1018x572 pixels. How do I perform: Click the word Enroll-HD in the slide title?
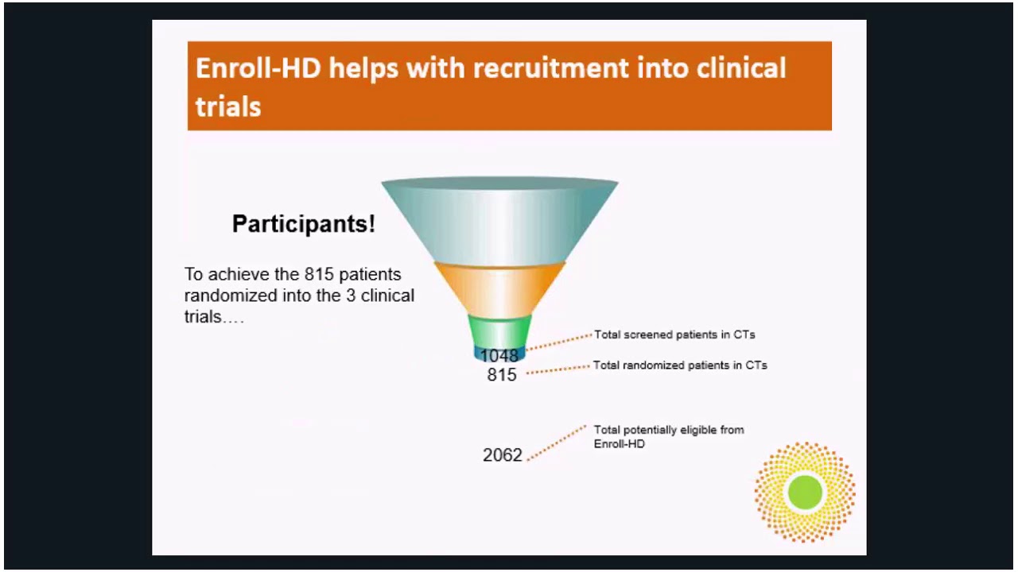tap(258, 68)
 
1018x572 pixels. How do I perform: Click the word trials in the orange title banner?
tap(228, 107)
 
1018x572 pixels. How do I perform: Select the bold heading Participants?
tap(304, 224)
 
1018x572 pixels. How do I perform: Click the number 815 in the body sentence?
tap(319, 274)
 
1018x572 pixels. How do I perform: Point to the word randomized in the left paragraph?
tap(231, 296)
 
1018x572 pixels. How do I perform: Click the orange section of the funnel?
tap(500, 290)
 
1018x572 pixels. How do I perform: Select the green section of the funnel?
tap(500, 332)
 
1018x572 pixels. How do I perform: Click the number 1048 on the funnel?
tap(499, 355)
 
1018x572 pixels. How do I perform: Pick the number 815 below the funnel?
tap(502, 375)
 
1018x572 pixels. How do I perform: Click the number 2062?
tap(503, 455)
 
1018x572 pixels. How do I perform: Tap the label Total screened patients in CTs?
tap(674, 334)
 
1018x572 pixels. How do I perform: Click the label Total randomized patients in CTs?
tap(680, 365)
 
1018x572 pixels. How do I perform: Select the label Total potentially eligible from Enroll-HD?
tap(669, 437)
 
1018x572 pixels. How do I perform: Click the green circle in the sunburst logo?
tap(805, 493)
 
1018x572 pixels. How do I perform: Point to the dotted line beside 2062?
tap(556, 443)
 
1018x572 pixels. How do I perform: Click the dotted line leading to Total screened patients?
tap(559, 342)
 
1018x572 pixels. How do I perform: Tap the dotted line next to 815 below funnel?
tap(558, 370)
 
